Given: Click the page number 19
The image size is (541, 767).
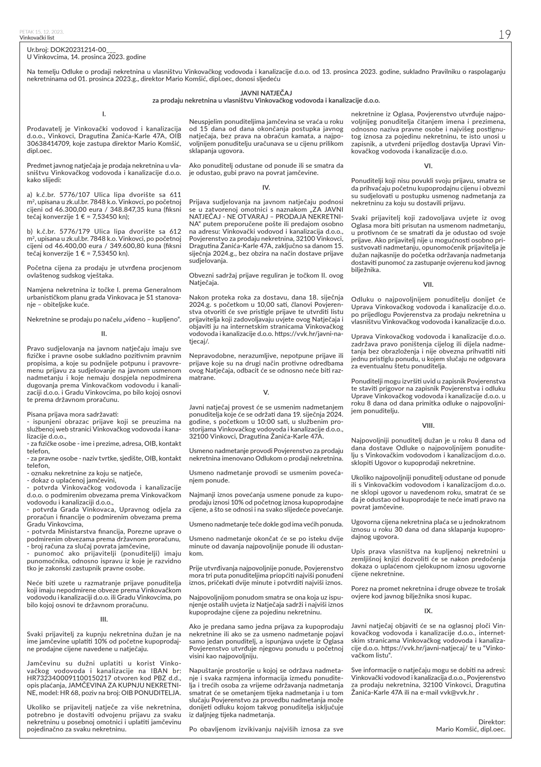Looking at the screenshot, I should pos(504,35).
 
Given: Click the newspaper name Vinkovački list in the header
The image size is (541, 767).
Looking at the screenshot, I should pos(36,38).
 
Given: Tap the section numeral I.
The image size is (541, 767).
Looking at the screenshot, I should pos(104,115).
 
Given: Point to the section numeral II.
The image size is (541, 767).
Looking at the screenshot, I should pos(104,332).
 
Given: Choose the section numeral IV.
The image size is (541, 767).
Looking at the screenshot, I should pos(266,187).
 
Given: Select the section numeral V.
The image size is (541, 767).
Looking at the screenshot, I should pos(266,392).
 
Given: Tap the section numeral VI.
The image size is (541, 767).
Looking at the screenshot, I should pos(428,165).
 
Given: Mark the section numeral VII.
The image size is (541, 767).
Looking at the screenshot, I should pos(428,284).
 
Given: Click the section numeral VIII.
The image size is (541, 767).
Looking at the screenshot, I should pos(428,425).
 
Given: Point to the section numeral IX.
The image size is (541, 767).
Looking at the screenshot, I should pos(428,611).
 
